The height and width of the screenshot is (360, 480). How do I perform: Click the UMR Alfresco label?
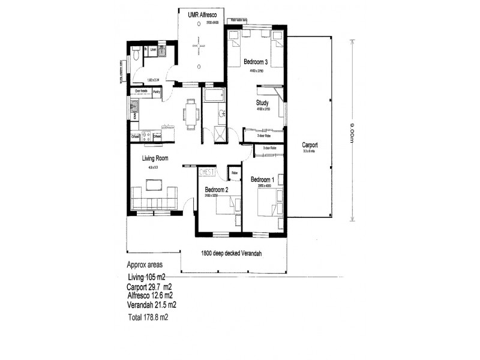coord(202,16)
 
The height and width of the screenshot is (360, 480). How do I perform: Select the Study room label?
coord(262,103)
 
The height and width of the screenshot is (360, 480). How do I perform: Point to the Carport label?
coord(310,145)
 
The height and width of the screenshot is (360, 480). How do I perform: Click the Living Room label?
coord(154,159)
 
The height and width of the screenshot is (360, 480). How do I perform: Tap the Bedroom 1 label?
coord(263,179)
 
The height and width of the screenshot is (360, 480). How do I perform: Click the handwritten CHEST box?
coord(207,172)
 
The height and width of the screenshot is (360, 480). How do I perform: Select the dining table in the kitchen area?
coord(191,113)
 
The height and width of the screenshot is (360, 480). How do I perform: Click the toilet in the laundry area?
coord(136,56)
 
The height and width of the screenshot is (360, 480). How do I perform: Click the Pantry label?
coord(157,92)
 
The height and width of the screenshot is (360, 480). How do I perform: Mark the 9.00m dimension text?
coord(346,130)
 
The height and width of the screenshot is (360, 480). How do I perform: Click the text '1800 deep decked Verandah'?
coord(235,253)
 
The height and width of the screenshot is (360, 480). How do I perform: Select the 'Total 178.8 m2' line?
coord(148,318)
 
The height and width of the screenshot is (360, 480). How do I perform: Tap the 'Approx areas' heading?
coord(144,265)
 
